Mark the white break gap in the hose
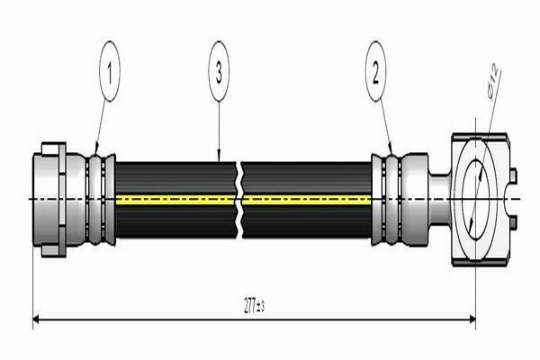coord(240,198)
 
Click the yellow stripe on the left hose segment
coord(175,199)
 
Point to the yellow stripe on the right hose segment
coord(306,199)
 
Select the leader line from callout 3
coord(219,126)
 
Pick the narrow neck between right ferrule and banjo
coord(441,198)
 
